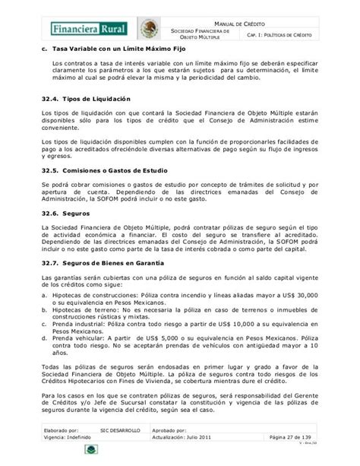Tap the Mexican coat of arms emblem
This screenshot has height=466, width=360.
click(148, 30)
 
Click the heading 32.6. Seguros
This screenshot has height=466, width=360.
click(62, 215)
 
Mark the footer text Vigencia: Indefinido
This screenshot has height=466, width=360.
click(67, 440)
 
